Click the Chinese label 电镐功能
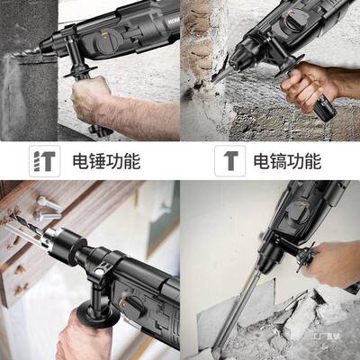click(x=286, y=162)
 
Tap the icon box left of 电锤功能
click(x=42, y=162)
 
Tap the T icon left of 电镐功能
click(x=229, y=162)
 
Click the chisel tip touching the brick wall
click(x=220, y=78)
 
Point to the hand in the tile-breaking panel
click(x=333, y=261)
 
